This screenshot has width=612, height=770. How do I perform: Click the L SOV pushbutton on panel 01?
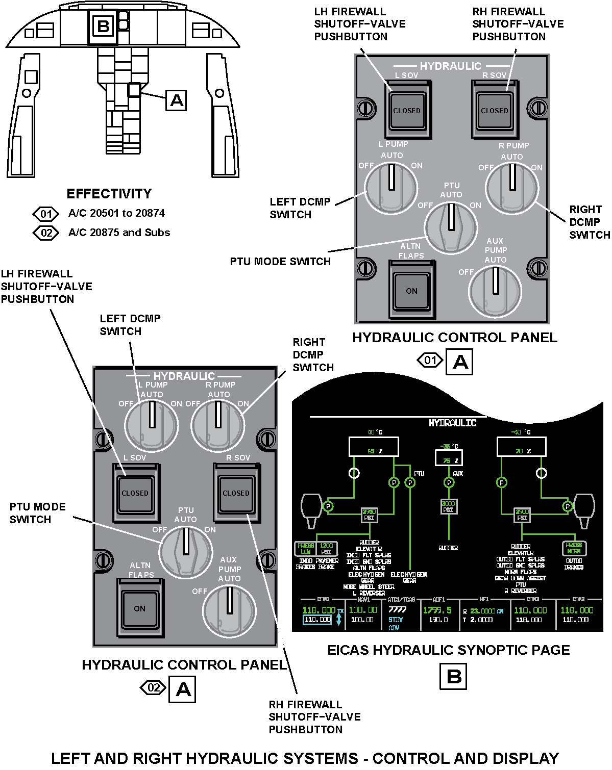point(407,110)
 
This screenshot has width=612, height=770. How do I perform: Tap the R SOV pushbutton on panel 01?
point(494,110)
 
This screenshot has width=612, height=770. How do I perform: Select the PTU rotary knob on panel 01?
point(451,227)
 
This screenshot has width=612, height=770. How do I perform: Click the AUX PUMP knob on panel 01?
point(495,291)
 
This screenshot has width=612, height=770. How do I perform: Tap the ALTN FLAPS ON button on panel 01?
point(411,291)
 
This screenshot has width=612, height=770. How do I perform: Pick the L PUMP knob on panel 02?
point(152,425)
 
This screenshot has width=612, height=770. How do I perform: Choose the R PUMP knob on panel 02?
point(217,425)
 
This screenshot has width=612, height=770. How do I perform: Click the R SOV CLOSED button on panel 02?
point(236,493)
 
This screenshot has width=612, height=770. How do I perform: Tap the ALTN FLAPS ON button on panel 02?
point(140,608)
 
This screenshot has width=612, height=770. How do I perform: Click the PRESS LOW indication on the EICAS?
point(306,549)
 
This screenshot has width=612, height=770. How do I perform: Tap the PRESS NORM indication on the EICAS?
point(574,548)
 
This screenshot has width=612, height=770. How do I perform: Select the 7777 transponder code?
point(397,610)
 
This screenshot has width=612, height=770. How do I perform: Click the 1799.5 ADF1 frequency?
point(437,610)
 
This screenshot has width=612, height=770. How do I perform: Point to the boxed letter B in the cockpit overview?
point(103,26)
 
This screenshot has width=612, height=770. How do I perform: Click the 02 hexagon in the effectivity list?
point(46,233)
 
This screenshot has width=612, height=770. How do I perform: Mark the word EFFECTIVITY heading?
point(109,194)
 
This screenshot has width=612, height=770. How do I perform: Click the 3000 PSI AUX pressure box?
point(448,506)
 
